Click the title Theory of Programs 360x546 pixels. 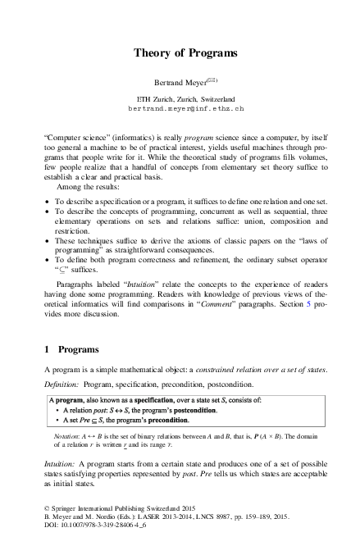tap(179, 52)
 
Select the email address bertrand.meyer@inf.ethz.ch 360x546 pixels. tap(175, 108)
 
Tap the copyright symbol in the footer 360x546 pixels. tap(46, 516)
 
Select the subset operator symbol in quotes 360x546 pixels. tap(62, 278)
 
